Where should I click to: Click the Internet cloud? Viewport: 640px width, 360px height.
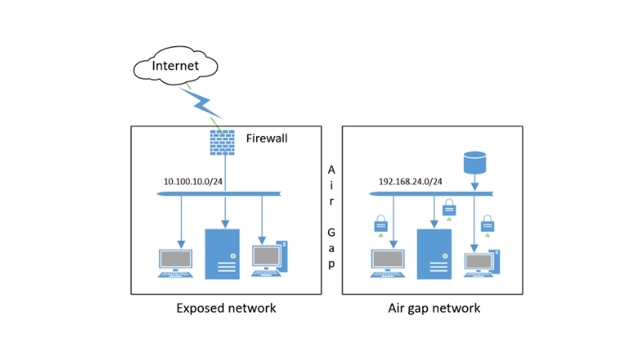click(175, 66)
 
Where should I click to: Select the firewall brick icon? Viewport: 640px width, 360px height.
click(222, 142)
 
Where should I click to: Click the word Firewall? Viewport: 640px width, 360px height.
click(266, 138)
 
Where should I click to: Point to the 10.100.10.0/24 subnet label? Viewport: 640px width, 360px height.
click(193, 182)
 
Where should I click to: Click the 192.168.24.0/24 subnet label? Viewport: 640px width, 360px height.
click(410, 182)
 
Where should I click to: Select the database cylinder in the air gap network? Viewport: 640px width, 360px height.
click(474, 162)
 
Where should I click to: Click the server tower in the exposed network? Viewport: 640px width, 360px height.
click(222, 254)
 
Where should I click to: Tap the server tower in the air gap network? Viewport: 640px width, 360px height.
click(434, 254)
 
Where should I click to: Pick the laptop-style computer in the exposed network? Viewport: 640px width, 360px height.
click(175, 263)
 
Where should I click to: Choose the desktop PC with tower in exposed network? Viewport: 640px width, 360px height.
click(270, 258)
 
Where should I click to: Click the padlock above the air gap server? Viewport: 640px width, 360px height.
click(449, 207)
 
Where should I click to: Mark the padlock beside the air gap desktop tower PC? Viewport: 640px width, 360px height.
click(487, 224)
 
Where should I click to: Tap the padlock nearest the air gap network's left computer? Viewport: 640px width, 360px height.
click(381, 224)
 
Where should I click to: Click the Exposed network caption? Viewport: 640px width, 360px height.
click(226, 308)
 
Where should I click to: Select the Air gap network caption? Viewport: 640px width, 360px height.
click(434, 308)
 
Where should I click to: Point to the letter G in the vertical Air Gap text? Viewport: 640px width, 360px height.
click(331, 232)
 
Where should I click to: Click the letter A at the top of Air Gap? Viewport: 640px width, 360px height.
click(331, 170)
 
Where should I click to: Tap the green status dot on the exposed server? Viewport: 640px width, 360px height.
click(233, 256)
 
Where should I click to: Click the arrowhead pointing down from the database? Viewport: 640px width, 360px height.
click(474, 186)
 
